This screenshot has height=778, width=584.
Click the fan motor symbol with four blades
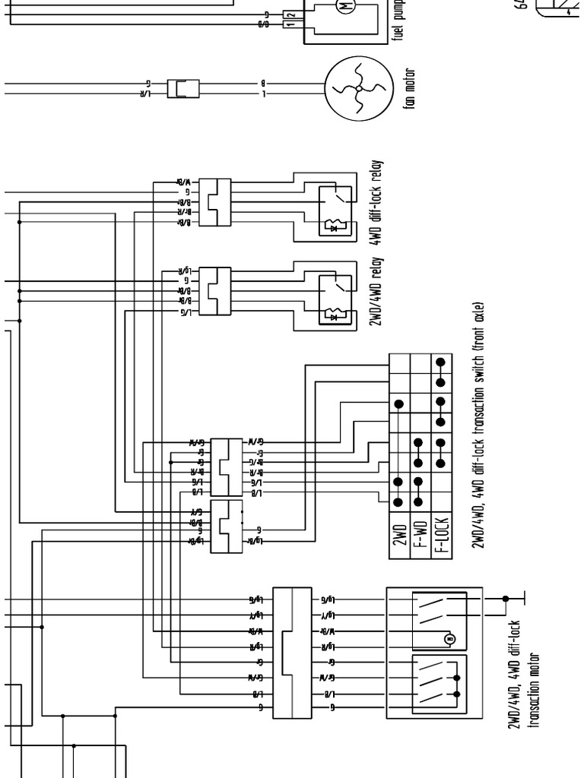point(357,89)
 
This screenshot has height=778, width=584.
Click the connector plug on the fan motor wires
point(182,89)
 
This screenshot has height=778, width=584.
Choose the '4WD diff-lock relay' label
point(376,201)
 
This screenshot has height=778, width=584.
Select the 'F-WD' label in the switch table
point(421,534)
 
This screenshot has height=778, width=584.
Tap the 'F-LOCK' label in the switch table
point(441,534)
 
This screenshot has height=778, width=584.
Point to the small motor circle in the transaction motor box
point(449,639)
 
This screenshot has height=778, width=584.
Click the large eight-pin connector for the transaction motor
point(292,652)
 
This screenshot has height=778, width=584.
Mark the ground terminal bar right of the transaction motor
point(524,599)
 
